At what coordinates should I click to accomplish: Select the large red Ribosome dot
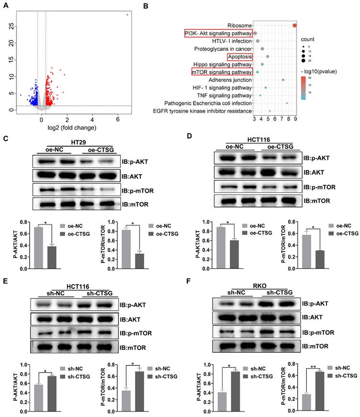click(295, 25)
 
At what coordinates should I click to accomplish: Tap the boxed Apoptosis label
click(240, 56)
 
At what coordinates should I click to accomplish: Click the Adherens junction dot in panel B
click(283, 80)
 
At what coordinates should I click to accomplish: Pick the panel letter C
click(5, 138)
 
